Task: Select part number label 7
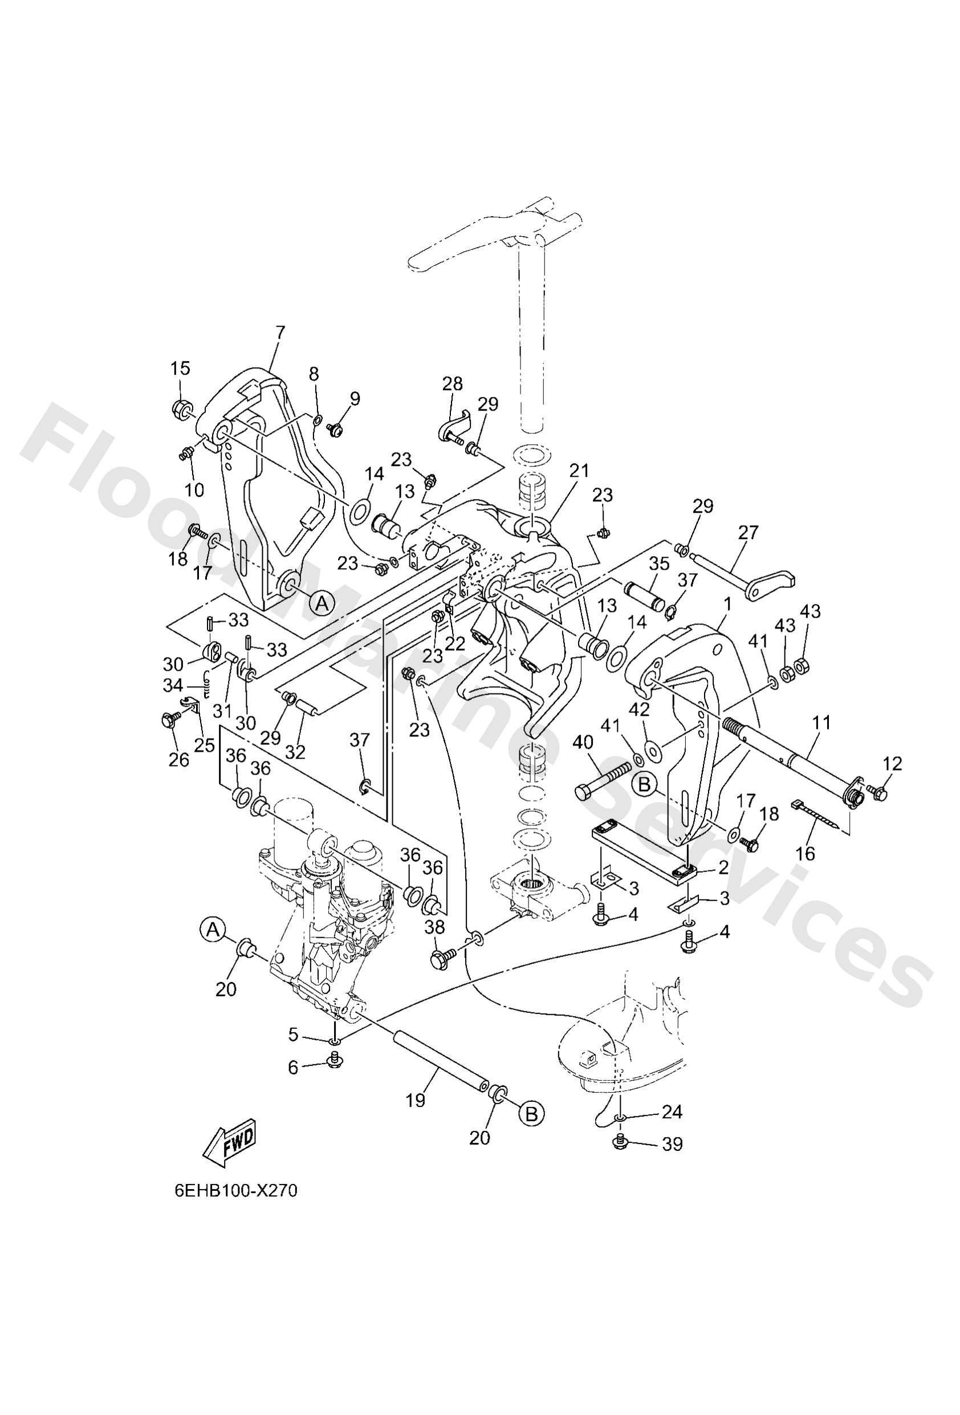click(280, 333)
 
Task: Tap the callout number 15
click(180, 368)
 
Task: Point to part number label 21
click(580, 470)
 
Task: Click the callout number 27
click(748, 532)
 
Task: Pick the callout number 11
click(821, 723)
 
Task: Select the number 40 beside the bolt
click(583, 741)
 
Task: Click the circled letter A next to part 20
click(212, 929)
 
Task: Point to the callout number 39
click(672, 1144)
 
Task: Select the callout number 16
click(806, 854)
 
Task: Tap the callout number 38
click(434, 927)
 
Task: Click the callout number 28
click(452, 384)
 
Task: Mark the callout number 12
click(892, 764)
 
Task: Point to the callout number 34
click(173, 686)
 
